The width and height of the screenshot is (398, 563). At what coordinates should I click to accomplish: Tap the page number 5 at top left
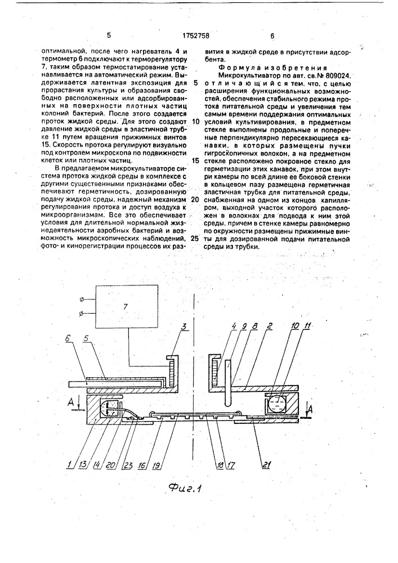108,35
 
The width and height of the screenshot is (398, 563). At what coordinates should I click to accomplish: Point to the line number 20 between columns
196,200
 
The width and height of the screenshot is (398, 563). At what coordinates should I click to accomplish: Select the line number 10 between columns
196,122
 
